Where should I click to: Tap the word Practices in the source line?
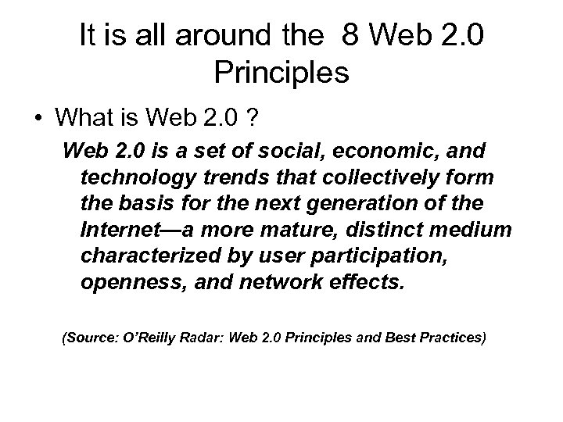[449, 338]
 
